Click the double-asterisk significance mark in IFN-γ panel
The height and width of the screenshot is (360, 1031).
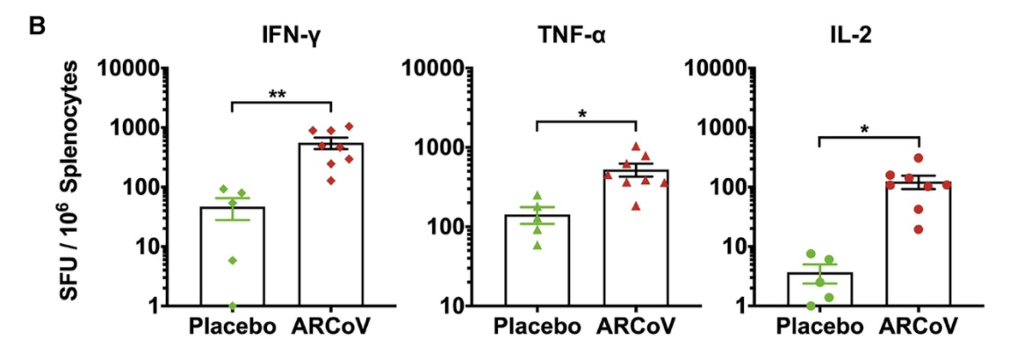coord(280,92)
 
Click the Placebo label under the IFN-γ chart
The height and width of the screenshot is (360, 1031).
coord(230,328)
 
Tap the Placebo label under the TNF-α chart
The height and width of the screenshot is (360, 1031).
coord(537,328)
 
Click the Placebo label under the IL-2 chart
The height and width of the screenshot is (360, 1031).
coord(818,328)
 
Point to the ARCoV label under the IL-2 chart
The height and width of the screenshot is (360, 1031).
coord(919,328)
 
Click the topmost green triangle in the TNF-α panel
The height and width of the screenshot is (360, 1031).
coord(538,196)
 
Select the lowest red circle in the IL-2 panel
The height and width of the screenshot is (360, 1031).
coord(894,229)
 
